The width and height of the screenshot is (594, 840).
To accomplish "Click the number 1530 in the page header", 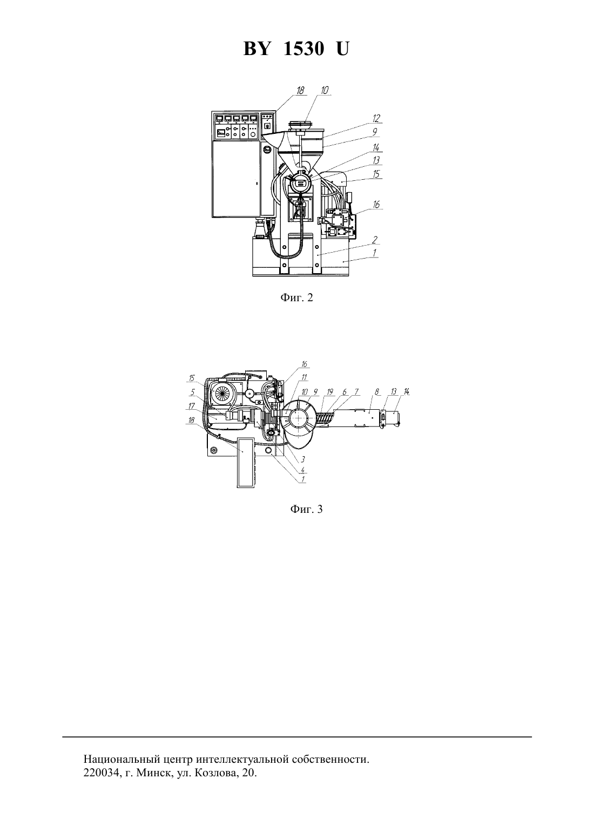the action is (x=303, y=49).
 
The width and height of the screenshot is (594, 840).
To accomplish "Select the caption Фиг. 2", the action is (x=296, y=298).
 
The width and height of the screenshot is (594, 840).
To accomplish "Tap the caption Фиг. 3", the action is (x=306, y=509).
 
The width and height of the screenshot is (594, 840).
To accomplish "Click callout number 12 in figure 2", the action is (x=376, y=118).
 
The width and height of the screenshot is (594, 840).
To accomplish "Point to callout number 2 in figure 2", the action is (x=375, y=239).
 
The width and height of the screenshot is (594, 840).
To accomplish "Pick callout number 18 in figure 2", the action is (x=300, y=90).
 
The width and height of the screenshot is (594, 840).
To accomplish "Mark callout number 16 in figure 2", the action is (x=376, y=204).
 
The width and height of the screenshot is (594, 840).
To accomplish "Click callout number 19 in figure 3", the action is (x=329, y=392).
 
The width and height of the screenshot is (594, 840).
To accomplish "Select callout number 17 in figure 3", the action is (x=192, y=406).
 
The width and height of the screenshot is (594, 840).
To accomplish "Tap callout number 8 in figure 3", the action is (x=376, y=392).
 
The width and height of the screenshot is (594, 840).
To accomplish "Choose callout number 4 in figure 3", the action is (x=302, y=470).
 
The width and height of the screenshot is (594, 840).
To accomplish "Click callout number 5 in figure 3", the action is (x=193, y=392).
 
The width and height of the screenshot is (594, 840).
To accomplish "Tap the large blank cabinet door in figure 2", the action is (x=236, y=179).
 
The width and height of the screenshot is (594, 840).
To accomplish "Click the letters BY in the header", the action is (x=256, y=49).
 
